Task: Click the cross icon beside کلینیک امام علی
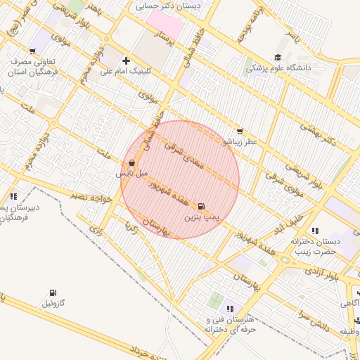(x=126, y=60)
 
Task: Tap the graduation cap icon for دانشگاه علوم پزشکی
(x=278, y=58)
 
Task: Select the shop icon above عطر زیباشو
(x=240, y=131)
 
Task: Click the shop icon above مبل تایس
(x=133, y=162)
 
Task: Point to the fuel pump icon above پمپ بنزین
(x=202, y=207)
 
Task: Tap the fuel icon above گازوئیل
(x=53, y=292)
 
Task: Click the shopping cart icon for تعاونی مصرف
(x=33, y=50)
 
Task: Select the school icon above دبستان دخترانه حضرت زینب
(x=314, y=230)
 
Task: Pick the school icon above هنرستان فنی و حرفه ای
(x=229, y=308)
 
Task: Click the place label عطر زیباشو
(x=240, y=142)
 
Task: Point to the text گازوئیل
(x=54, y=304)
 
